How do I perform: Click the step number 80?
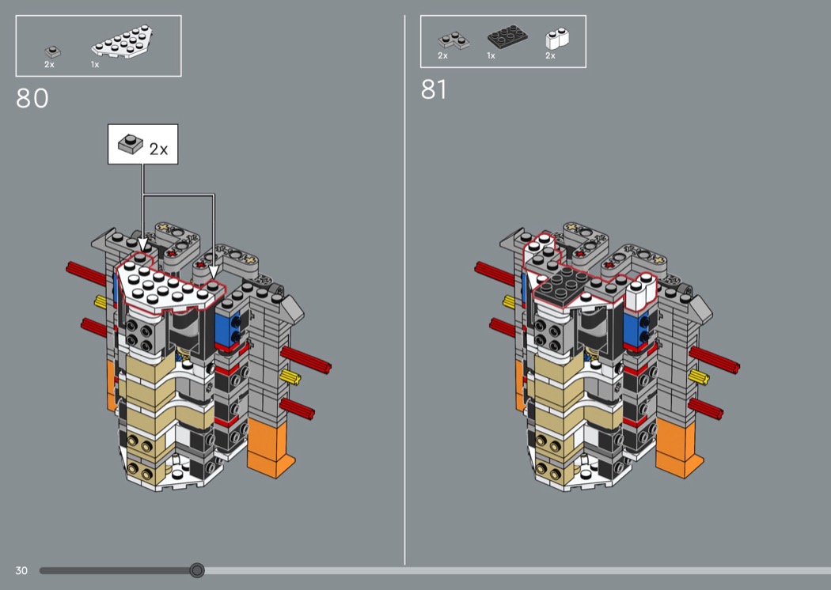[32, 98]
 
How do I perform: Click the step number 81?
[434, 89]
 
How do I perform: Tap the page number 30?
[21, 570]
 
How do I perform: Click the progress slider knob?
[197, 570]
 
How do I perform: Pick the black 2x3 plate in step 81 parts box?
[507, 36]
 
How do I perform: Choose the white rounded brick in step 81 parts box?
[557, 39]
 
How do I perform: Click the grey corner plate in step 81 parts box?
[453, 41]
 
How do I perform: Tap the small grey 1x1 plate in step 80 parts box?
[52, 52]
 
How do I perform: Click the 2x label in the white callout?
[158, 149]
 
